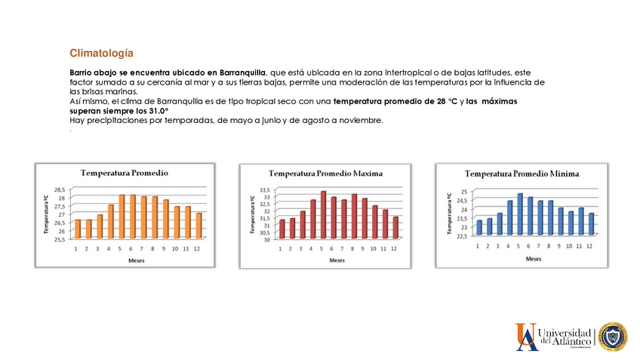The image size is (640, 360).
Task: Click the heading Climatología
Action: coord(101,53)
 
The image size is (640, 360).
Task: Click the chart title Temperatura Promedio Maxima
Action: coord(326,174)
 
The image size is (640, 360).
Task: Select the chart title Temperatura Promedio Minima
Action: coord(522,174)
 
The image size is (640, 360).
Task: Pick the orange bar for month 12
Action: coord(198,226)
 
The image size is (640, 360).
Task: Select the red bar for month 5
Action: coord(323,215)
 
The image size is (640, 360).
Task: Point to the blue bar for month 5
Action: coord(519,214)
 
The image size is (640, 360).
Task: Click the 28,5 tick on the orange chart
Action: coord(59,189)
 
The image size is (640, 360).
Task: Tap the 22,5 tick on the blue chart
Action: coord(461,235)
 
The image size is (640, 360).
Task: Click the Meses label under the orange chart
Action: coord(137,260)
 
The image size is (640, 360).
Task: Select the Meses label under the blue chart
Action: coord(533,258)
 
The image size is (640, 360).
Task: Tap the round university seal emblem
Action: coord(612,337)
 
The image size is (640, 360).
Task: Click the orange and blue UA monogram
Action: coord(527,337)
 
